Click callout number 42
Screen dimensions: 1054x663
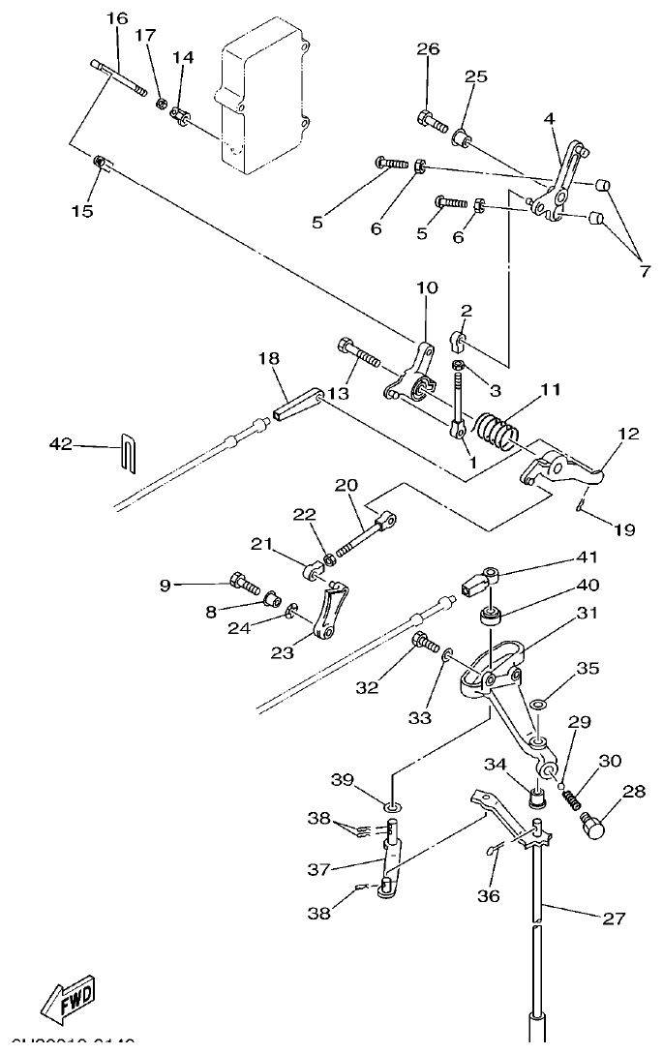pos(61,444)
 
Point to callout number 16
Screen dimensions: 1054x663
pos(116,19)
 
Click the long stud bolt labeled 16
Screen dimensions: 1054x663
pos(121,77)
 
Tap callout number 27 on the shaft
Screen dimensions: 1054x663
pos(614,919)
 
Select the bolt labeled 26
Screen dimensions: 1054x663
pos(432,122)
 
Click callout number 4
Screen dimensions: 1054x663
pos(549,119)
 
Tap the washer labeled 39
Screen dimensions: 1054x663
pos(392,806)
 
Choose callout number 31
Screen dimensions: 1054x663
pos(588,613)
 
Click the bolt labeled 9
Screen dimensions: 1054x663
pos(242,584)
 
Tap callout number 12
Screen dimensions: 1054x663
pos(629,435)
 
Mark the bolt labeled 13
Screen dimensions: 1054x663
pos(357,355)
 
